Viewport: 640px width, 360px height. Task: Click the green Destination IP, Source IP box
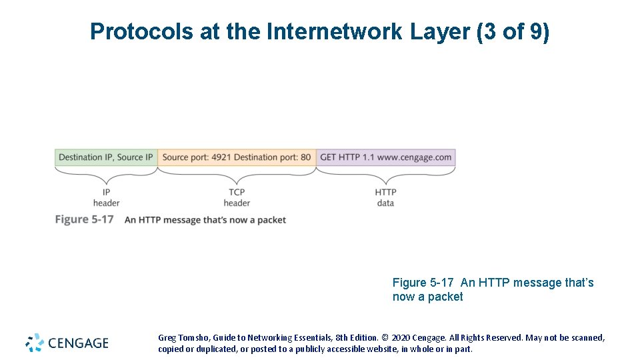[106, 157]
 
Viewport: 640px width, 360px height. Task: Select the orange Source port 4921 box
[237, 157]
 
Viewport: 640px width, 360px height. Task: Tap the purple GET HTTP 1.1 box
[386, 157]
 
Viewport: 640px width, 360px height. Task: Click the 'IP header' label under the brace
[106, 197]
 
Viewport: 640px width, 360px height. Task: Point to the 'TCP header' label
[237, 197]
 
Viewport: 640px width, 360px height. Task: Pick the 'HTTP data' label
[385, 197]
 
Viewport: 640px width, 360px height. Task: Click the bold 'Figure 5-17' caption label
[85, 219]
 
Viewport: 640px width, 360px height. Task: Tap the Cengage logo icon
[35, 343]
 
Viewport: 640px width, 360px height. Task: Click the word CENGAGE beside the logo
[78, 343]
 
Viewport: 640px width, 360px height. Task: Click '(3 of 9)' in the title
[513, 31]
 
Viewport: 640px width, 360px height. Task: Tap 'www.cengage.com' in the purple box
[415, 157]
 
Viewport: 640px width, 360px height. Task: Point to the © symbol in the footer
[385, 338]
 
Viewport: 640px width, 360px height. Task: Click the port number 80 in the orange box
[305, 157]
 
